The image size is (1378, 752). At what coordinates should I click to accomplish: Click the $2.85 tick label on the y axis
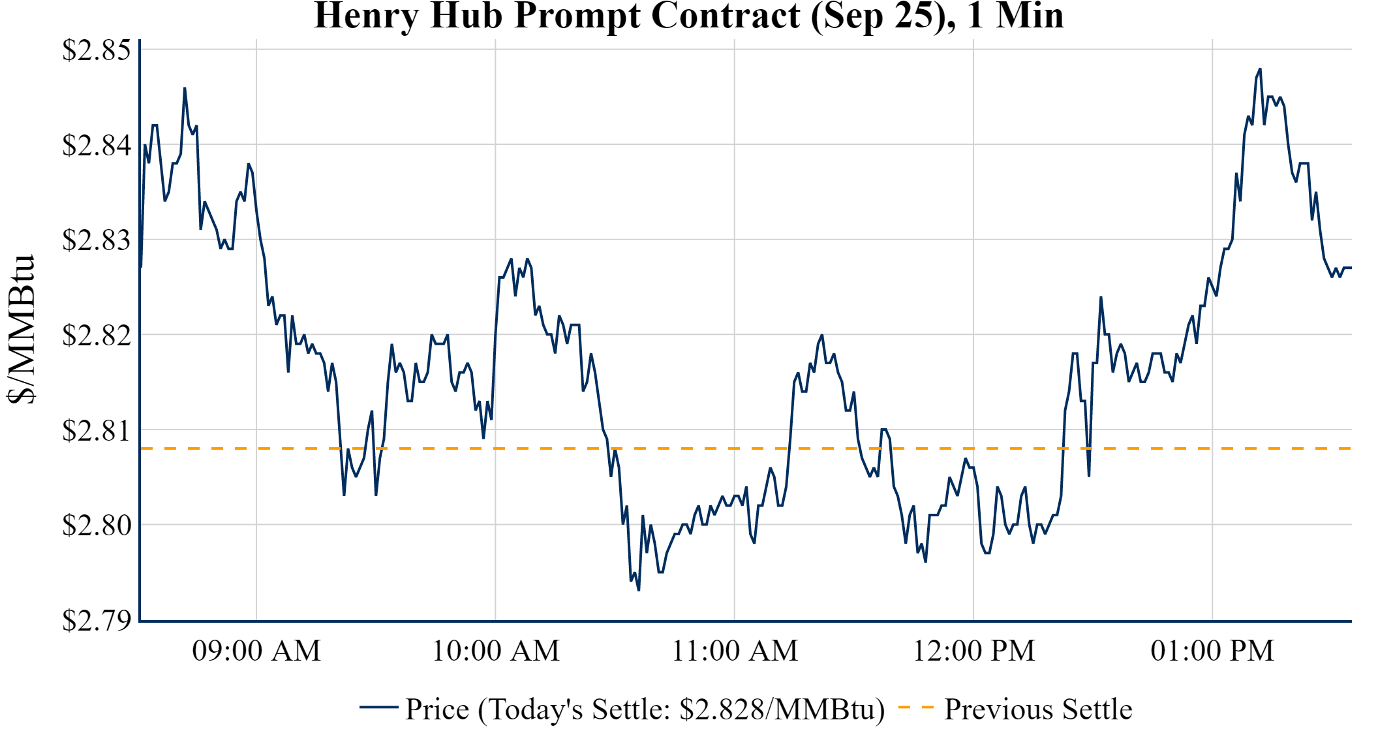(x=96, y=50)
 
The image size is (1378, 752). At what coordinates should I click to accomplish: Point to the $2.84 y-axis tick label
(x=96, y=145)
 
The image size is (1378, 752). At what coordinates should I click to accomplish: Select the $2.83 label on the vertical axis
(x=96, y=240)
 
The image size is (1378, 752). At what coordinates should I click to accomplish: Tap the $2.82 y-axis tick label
(x=96, y=336)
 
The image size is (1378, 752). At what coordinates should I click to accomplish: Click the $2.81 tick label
(x=96, y=431)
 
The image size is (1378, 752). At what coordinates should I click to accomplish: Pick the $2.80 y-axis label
(x=96, y=525)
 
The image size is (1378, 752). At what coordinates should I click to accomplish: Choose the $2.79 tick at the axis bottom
(x=96, y=620)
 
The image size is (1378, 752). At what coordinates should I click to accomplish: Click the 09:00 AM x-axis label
(x=256, y=651)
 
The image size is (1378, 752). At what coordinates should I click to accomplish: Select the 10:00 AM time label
(x=496, y=651)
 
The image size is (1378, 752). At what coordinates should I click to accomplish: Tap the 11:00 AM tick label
(x=735, y=651)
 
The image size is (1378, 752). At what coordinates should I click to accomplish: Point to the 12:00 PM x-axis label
(x=973, y=651)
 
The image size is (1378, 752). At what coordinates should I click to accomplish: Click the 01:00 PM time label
(x=1212, y=651)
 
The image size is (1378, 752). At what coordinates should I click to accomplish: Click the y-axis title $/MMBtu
(x=21, y=330)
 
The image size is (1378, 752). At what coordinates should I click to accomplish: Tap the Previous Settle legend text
(x=1037, y=710)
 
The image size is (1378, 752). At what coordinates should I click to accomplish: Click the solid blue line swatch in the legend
(x=378, y=707)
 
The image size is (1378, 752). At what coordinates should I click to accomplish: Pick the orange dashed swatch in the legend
(x=915, y=707)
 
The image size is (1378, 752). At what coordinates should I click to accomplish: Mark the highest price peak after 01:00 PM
(x=1260, y=69)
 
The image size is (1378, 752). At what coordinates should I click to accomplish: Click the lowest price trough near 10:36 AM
(x=638, y=590)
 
